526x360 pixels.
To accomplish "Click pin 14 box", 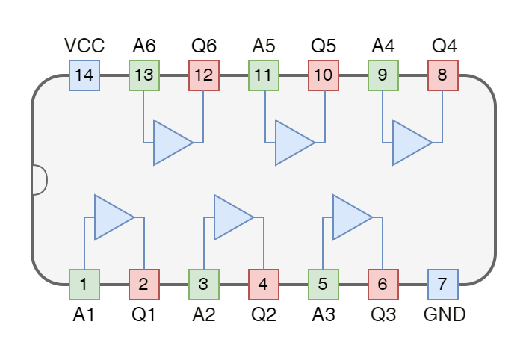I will pyautogui.click(x=84, y=75).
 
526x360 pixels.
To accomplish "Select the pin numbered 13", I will pyautogui.click(x=144, y=75).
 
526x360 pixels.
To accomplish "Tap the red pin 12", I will pyautogui.click(x=204, y=75).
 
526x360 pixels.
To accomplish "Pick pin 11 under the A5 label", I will pyautogui.click(x=264, y=75).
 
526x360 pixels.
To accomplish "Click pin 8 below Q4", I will pyautogui.click(x=443, y=75).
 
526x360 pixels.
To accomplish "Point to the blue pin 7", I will pyautogui.click(x=443, y=285).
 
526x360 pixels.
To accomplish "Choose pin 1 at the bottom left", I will pyautogui.click(x=84, y=285).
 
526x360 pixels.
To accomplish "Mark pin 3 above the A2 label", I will pyautogui.click(x=204, y=285).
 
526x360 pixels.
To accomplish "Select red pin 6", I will pyautogui.click(x=383, y=285).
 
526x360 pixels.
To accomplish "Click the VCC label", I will pyautogui.click(x=84, y=46).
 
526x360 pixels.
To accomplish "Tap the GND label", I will pyautogui.click(x=445, y=314).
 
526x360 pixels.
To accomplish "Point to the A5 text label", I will pyautogui.click(x=264, y=46).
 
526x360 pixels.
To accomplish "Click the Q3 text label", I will pyautogui.click(x=383, y=314).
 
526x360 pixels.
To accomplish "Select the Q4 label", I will pyautogui.click(x=445, y=46).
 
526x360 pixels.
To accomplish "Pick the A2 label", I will pyautogui.click(x=204, y=314).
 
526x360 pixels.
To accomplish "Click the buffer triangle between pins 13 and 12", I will pyautogui.click(x=171, y=142).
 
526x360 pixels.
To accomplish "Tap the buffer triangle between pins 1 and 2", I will pyautogui.click(x=112, y=217).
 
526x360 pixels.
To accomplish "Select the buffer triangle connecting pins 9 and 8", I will pyautogui.click(x=410, y=142).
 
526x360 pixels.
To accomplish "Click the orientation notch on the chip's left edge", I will pyautogui.click(x=40, y=180).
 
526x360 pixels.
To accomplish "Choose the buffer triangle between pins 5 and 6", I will pyautogui.click(x=350, y=217).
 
